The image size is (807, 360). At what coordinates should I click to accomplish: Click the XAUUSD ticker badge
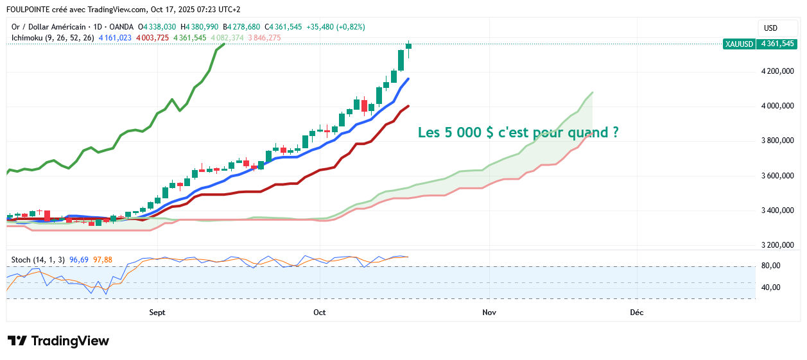[738, 44]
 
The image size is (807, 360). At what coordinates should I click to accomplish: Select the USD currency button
[770, 28]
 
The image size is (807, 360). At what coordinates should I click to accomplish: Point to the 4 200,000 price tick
[778, 71]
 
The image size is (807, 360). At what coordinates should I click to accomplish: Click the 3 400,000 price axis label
[778, 210]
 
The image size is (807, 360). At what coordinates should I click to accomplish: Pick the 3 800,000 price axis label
[778, 141]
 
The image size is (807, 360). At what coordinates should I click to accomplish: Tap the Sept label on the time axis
[157, 313]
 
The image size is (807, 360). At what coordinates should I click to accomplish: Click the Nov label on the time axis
[489, 313]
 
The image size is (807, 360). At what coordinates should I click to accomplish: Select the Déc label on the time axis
[636, 313]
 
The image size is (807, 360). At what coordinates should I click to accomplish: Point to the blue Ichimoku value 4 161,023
[115, 38]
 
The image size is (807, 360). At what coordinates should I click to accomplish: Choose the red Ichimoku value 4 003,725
[152, 38]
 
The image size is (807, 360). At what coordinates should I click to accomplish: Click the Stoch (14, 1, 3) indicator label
[38, 260]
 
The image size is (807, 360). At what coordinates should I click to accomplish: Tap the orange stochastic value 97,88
[103, 260]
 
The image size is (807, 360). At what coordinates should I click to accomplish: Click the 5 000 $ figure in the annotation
[469, 133]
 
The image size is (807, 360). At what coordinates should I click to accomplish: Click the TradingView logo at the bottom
[58, 341]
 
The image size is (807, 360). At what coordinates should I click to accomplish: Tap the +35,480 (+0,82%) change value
[337, 27]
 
